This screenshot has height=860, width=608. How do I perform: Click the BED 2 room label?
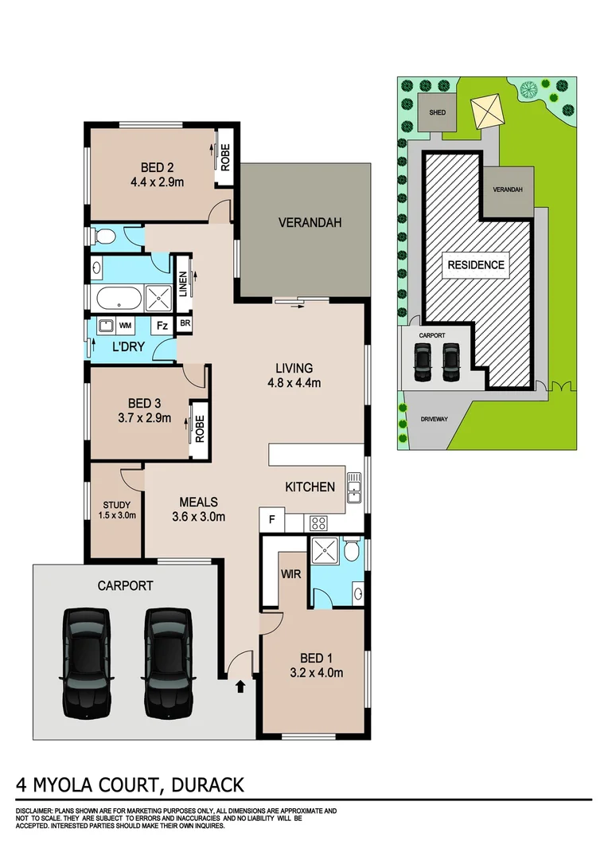pyautogui.click(x=157, y=167)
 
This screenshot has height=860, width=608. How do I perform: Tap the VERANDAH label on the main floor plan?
pyautogui.click(x=310, y=223)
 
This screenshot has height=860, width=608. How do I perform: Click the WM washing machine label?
pyautogui.click(x=125, y=325)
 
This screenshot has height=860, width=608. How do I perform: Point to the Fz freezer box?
pyautogui.click(x=161, y=325)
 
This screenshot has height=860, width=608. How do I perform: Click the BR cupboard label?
pyautogui.click(x=185, y=324)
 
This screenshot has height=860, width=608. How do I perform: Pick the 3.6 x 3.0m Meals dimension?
pyautogui.click(x=198, y=516)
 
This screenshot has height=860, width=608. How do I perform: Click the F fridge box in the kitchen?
pyautogui.click(x=271, y=521)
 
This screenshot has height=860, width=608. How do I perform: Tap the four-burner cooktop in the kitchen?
pyautogui.click(x=318, y=522)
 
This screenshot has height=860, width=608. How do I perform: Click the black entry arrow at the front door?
pyautogui.click(x=241, y=686)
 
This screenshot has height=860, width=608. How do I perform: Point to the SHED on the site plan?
pyautogui.click(x=437, y=112)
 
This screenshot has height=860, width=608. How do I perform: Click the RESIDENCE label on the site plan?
pyautogui.click(x=476, y=265)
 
